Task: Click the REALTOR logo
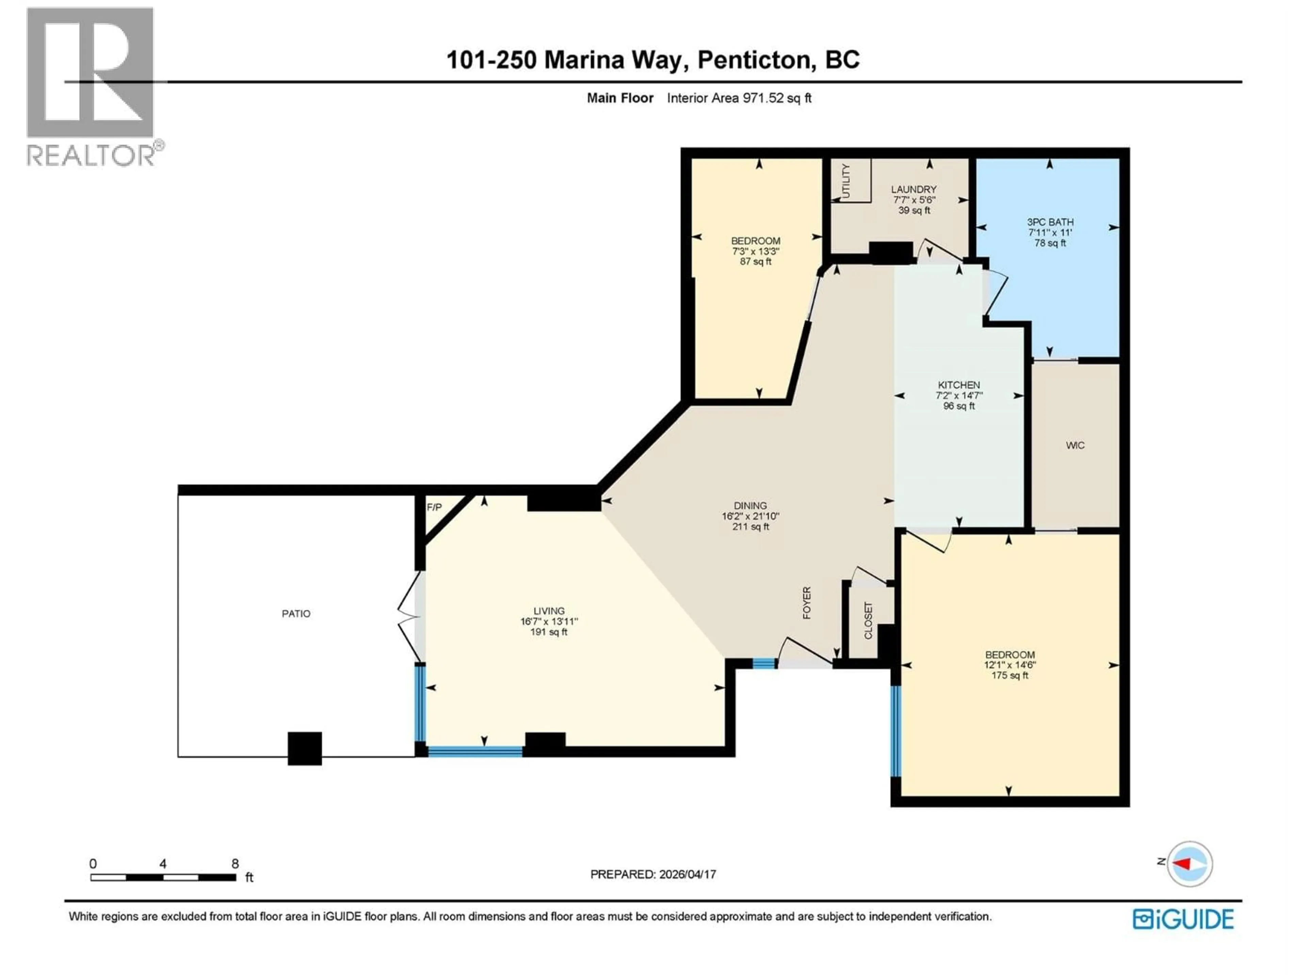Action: coord(92,86)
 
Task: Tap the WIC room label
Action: coord(1075,445)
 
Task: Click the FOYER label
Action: coord(807,603)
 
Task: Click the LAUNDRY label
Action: coord(914,190)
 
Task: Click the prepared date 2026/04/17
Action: coord(686,874)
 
